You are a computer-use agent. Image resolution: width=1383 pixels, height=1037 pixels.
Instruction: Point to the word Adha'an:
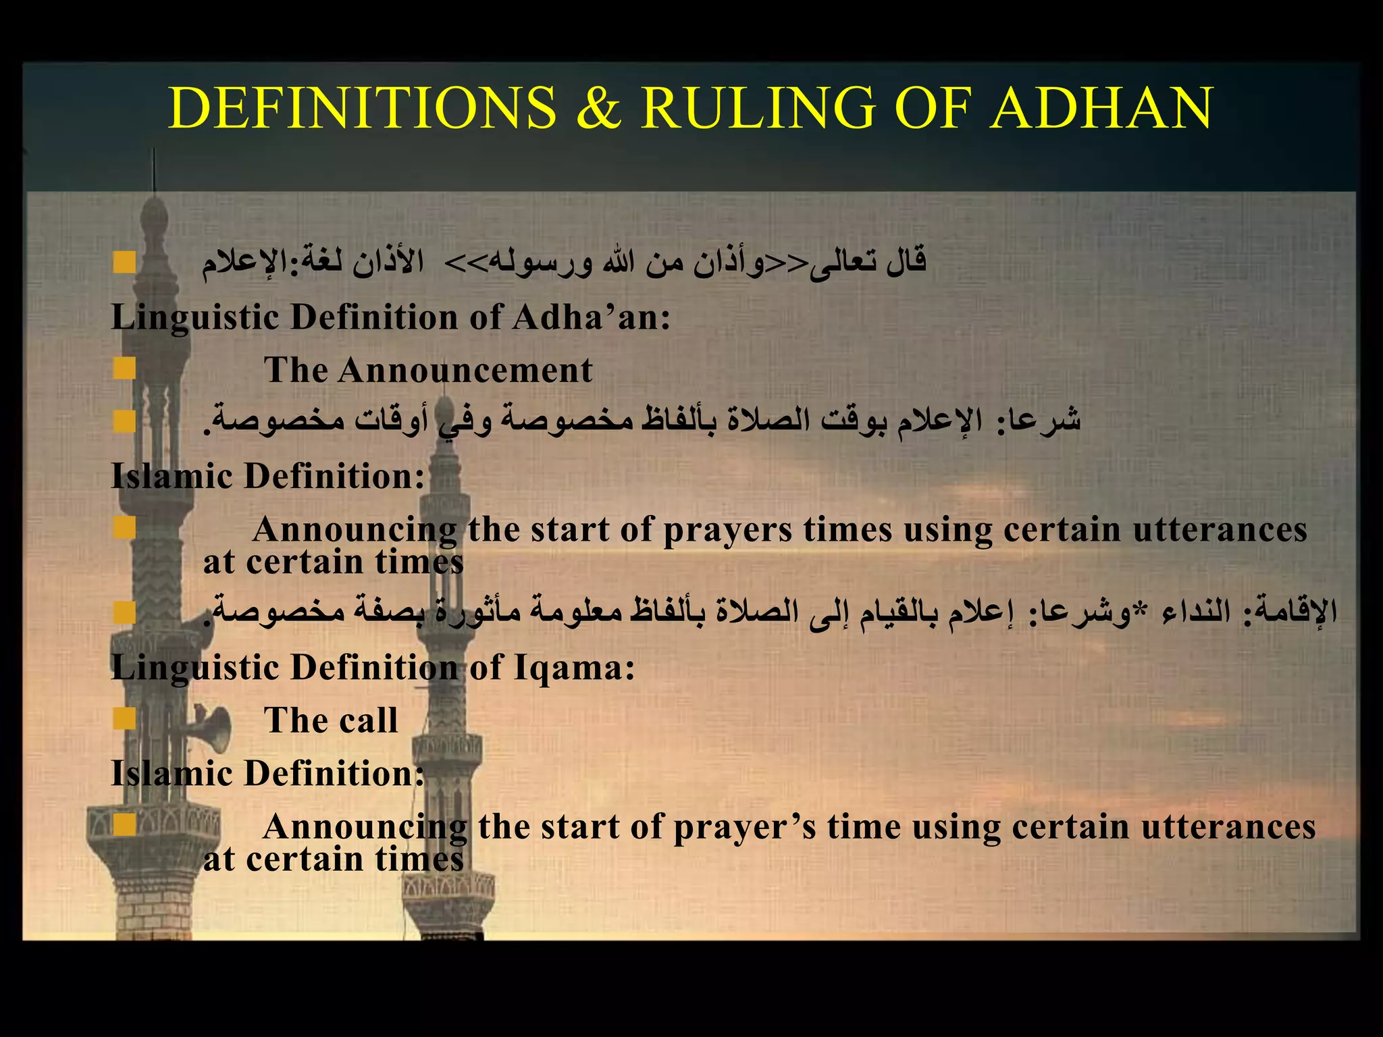point(591,317)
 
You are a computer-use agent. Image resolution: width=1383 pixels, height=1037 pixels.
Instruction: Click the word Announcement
point(465,370)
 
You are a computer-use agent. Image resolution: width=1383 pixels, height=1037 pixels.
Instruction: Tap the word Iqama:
point(574,668)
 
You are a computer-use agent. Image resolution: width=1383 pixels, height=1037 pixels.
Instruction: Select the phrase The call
point(331,720)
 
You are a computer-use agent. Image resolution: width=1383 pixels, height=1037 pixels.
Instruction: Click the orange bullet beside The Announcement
point(124,369)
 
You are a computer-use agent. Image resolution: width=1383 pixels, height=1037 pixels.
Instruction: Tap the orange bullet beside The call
point(124,719)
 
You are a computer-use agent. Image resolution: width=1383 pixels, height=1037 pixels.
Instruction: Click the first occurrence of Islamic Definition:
point(267,476)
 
